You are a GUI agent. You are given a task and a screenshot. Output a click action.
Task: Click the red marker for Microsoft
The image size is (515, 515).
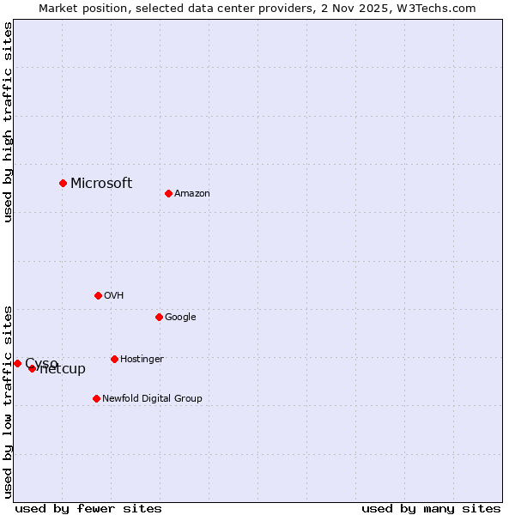click(63, 183)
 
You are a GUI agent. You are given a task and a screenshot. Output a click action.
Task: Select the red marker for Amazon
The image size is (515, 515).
click(168, 193)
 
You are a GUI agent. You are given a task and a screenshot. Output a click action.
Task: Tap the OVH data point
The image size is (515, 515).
click(98, 295)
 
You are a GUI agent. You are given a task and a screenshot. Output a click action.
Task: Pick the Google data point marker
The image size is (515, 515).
click(159, 317)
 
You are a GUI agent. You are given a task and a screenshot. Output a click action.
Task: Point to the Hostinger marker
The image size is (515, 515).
click(114, 359)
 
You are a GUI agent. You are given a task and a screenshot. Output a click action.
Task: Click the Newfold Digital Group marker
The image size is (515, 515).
click(96, 398)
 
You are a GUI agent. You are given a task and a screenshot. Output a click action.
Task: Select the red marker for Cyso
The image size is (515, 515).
click(17, 363)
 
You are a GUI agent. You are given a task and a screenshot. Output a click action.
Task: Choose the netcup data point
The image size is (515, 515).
click(32, 368)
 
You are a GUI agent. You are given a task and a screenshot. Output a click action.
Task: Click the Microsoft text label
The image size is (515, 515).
click(101, 183)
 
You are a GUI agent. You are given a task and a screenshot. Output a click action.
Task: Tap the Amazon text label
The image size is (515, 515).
click(192, 194)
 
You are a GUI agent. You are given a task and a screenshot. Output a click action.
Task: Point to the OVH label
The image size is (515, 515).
click(114, 296)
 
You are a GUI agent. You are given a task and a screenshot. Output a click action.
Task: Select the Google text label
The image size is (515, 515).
click(180, 318)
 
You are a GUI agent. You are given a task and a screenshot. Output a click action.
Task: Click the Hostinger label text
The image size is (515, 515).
click(142, 360)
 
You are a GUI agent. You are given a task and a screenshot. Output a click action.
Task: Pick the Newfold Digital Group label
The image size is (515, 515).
click(152, 399)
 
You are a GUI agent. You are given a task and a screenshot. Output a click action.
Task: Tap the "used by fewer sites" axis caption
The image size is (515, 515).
click(88, 508)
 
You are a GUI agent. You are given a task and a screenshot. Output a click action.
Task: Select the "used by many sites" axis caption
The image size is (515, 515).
click(431, 508)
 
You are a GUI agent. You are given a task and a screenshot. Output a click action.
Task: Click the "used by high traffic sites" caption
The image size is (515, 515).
click(9, 122)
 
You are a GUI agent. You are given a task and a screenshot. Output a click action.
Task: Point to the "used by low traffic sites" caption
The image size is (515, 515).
click(9, 401)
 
